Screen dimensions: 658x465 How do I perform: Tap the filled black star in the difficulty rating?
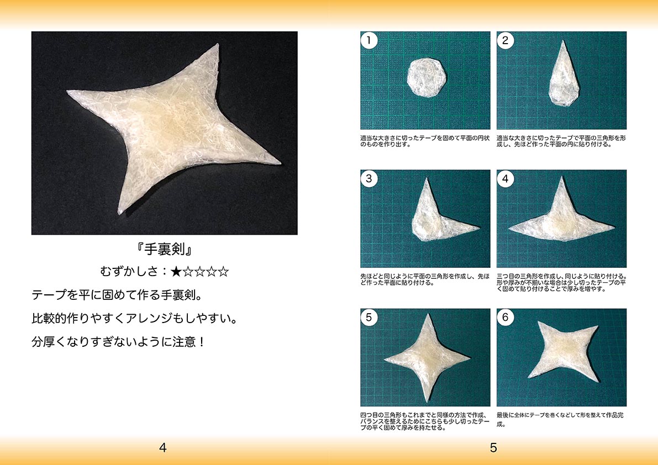click(176, 272)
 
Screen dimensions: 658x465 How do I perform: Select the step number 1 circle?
click(369, 40)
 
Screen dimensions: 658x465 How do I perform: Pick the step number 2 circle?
click(506, 40)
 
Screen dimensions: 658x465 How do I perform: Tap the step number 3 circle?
click(369, 178)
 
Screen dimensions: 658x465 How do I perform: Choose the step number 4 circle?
click(506, 178)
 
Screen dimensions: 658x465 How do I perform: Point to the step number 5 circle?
click(369, 318)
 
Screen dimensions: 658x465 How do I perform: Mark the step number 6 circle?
click(506, 318)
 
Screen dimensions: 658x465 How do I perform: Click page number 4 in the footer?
click(163, 448)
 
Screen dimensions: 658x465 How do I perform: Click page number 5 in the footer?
click(493, 448)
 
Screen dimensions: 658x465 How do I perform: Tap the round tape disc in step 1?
click(427, 77)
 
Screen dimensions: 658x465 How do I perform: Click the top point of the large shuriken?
click(217, 45)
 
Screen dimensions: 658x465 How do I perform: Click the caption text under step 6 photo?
click(560, 419)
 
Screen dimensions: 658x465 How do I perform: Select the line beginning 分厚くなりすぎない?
click(119, 342)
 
